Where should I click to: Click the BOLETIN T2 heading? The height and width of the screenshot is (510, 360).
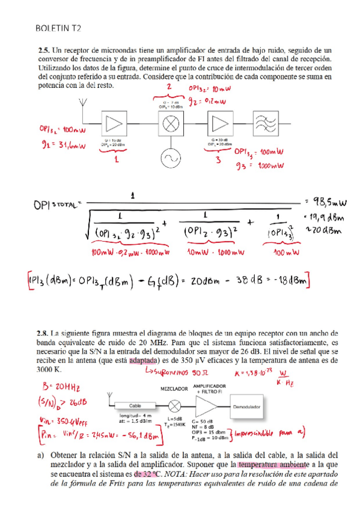point(58,28)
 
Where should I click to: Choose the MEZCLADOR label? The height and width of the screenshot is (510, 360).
point(174,388)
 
